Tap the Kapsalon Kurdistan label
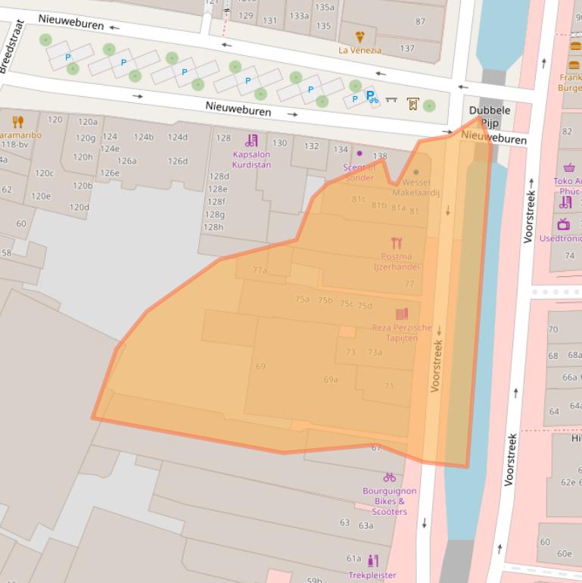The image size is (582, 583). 251,159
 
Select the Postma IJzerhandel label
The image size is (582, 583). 396,261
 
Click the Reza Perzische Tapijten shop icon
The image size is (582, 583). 402,313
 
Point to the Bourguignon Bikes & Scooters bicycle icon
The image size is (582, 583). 389,477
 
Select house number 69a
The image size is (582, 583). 331,379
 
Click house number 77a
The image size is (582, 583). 260,270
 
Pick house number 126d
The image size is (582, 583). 177,161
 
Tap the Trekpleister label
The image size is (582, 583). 372,575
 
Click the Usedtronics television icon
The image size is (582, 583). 564,224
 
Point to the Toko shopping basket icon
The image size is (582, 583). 569,167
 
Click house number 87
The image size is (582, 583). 420,21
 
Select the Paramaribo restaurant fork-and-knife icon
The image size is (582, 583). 18,122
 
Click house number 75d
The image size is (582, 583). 365,306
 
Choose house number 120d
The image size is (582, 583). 79,207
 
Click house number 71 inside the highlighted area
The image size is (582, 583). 388,386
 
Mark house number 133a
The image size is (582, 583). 298,16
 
